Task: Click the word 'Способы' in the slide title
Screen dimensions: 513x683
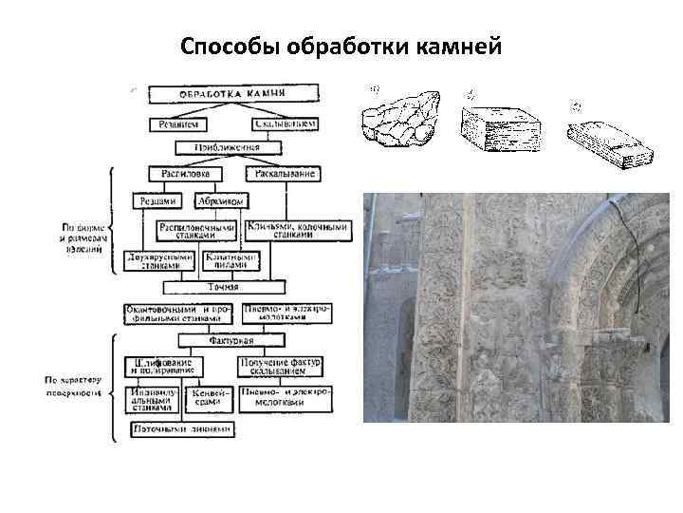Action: click(x=226, y=47)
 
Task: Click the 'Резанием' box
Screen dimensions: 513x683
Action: click(x=176, y=123)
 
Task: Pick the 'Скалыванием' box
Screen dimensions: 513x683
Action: click(x=285, y=123)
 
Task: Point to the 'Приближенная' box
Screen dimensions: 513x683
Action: click(x=226, y=148)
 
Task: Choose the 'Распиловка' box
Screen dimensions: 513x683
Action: click(x=186, y=174)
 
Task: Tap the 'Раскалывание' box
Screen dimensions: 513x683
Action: click(x=283, y=174)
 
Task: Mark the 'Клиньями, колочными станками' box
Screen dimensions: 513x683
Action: click(x=282, y=231)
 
